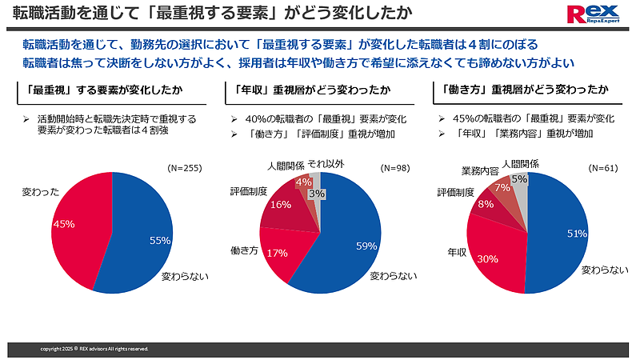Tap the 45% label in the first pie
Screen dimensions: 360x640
[63, 224]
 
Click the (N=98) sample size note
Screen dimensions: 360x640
[396, 170]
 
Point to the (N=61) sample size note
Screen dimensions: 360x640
[604, 170]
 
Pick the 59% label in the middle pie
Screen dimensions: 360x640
[366, 246]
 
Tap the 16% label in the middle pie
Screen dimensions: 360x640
[280, 205]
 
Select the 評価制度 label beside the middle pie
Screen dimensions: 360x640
[249, 192]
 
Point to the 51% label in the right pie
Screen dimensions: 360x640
[576, 234]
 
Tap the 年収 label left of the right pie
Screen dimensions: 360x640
[457, 252]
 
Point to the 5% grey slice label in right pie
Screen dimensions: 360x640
[518, 179]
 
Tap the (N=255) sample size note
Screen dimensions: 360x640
[184, 169]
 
